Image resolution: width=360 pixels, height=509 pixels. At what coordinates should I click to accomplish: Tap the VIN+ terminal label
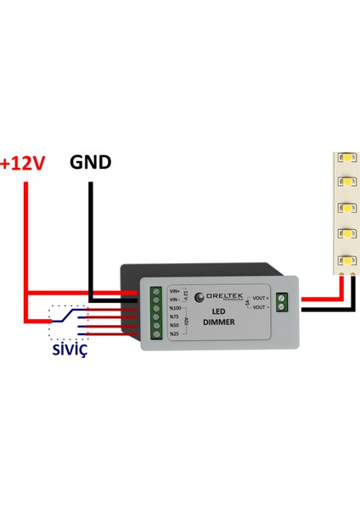click(175, 291)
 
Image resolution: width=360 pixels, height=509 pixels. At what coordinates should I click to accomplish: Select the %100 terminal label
click(175, 308)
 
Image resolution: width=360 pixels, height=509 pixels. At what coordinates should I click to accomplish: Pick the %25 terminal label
click(175, 333)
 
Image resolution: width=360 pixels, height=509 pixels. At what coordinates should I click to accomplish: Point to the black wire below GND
click(90, 238)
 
